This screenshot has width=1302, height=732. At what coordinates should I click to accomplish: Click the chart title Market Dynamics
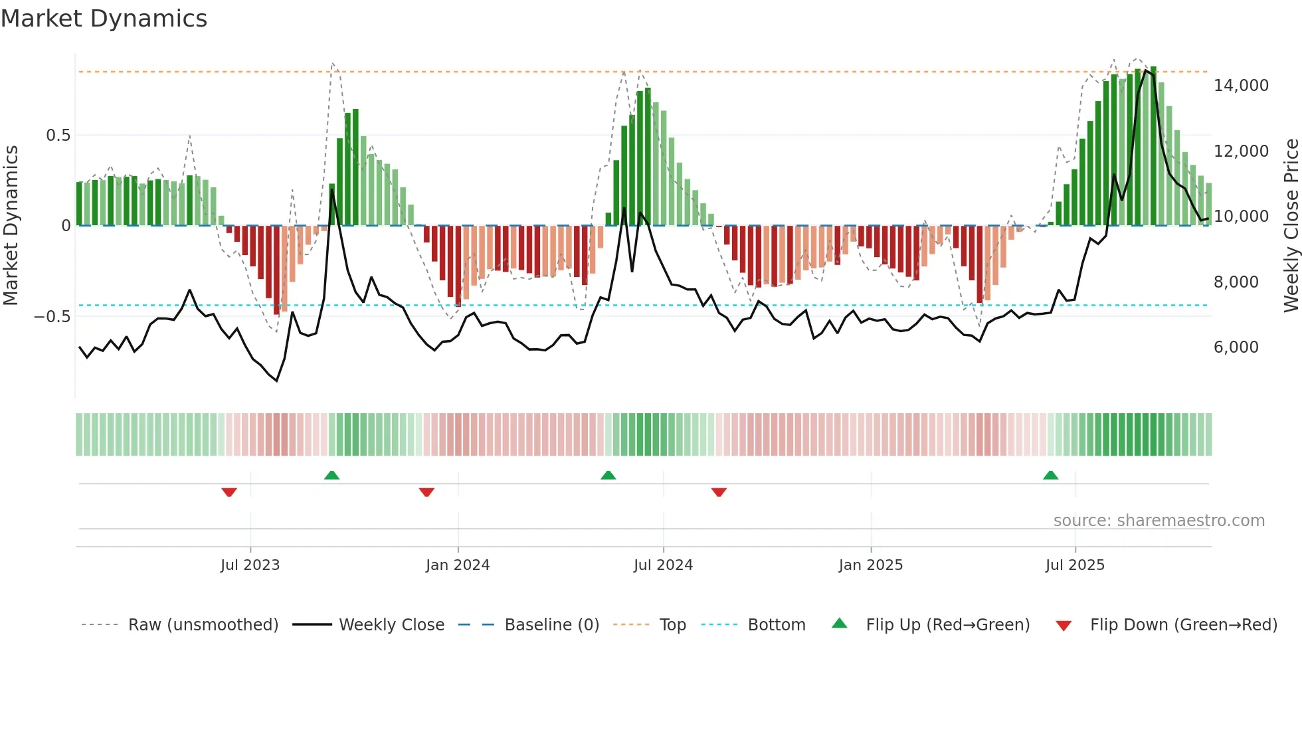[x=104, y=19]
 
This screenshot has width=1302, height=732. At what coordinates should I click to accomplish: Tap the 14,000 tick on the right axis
[x=1240, y=86]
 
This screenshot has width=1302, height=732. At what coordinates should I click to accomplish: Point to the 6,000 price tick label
[x=1236, y=347]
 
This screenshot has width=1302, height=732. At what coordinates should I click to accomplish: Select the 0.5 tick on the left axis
[x=58, y=136]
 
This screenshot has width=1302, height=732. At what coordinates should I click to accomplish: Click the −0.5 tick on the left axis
[x=52, y=317]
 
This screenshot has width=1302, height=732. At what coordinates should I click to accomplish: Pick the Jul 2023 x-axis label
[x=250, y=565]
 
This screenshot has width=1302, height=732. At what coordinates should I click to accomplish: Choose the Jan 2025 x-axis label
[x=870, y=565]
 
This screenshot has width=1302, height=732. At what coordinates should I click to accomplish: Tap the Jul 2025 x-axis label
[x=1074, y=565]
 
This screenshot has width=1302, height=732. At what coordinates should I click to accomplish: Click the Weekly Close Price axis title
[x=1291, y=225]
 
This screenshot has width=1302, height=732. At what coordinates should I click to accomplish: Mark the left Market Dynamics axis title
[x=11, y=225]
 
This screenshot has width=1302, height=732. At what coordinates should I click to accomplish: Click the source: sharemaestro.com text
[x=1159, y=521]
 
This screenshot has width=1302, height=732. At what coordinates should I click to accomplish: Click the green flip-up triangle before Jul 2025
[x=1050, y=476]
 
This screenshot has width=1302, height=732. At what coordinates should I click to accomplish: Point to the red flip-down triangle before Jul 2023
[x=229, y=492]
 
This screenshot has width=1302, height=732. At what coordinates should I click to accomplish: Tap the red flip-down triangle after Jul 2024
[x=719, y=492]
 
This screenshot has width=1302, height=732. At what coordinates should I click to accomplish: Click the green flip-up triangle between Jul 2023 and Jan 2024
[x=331, y=476]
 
